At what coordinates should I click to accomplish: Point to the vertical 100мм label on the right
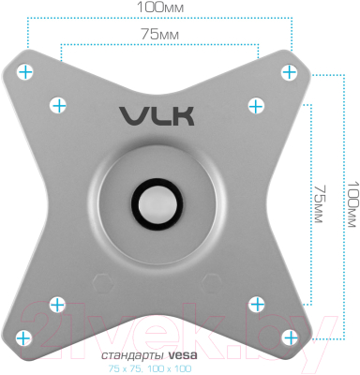pos(351,204)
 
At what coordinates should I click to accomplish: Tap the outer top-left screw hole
pos(26,72)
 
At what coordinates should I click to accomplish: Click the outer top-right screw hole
pos(290,72)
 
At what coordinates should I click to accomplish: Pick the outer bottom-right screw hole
pos(290,334)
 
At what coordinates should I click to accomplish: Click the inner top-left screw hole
pos(58,104)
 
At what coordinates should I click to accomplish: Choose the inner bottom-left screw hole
pos(58,302)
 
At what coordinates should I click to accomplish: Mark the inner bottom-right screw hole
pos(258,302)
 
